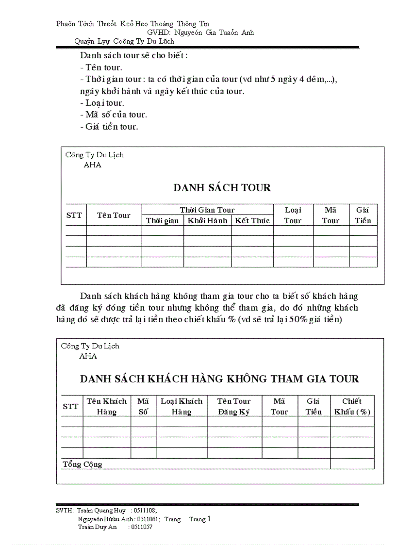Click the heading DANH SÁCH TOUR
[x=222, y=188]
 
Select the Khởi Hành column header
[x=207, y=220]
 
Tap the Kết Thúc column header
[x=252, y=220]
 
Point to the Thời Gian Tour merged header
[x=207, y=210]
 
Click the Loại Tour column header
[x=293, y=215]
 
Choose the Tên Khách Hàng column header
[x=107, y=406]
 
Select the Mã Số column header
[x=143, y=406]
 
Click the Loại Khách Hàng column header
[x=181, y=406]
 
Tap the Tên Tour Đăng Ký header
[x=234, y=406]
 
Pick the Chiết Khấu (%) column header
[x=352, y=406]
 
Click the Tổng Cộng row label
[x=82, y=464]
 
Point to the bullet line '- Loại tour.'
[x=102, y=103]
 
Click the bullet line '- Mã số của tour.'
[x=114, y=115]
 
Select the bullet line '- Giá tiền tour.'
[x=109, y=127]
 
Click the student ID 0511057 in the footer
[x=140, y=527]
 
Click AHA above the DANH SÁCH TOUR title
[x=93, y=165]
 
